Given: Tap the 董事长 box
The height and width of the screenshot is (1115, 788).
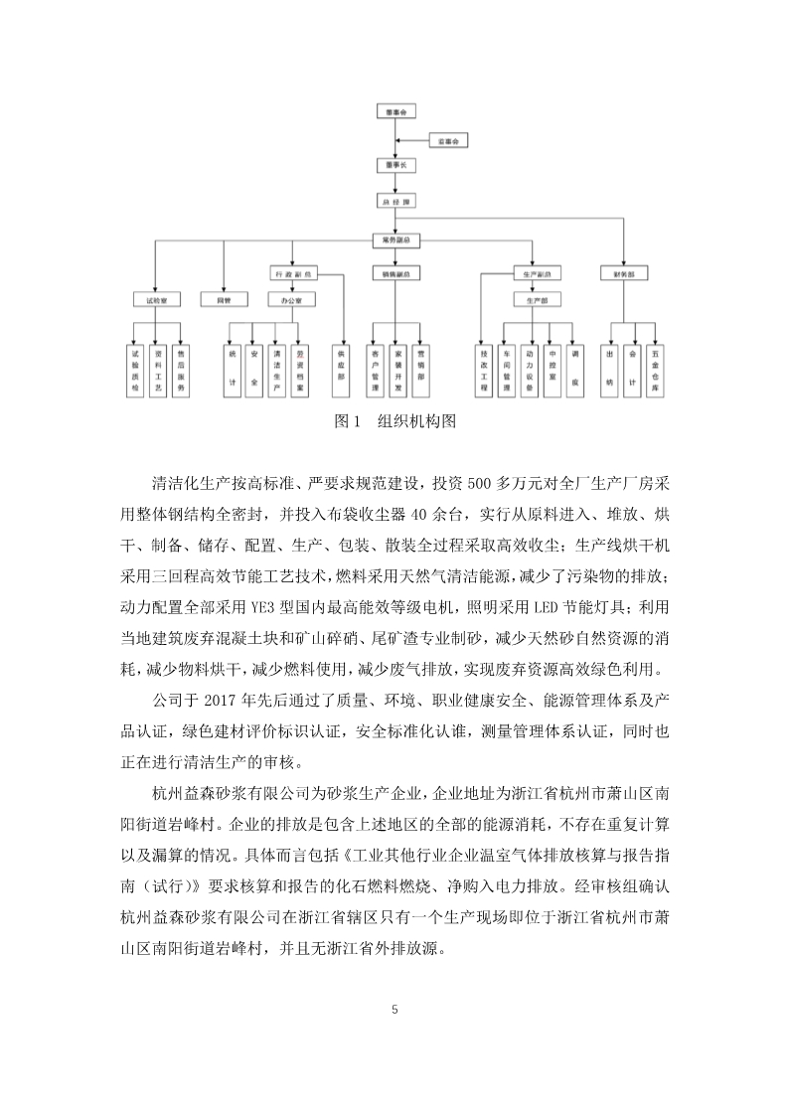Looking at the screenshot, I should pyautogui.click(x=394, y=165).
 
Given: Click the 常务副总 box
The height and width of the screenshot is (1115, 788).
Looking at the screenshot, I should pyautogui.click(x=394, y=239).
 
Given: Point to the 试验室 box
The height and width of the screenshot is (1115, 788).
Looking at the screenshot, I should pyautogui.click(x=156, y=299).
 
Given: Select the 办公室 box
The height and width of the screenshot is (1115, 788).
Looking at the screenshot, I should pyautogui.click(x=292, y=299).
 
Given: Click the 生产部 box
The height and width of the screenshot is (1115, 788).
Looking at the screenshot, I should pyautogui.click(x=538, y=299).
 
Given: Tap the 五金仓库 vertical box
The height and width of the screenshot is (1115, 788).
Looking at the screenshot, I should pyautogui.click(x=654, y=369).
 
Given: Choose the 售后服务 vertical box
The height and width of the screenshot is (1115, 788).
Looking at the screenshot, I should pyautogui.click(x=180, y=369).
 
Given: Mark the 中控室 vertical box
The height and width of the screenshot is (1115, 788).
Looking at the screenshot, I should pyautogui.click(x=552, y=369).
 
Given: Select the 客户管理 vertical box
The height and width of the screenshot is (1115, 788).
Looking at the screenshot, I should pyautogui.click(x=375, y=369).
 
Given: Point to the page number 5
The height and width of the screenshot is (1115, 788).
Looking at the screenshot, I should pyautogui.click(x=394, y=1011).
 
